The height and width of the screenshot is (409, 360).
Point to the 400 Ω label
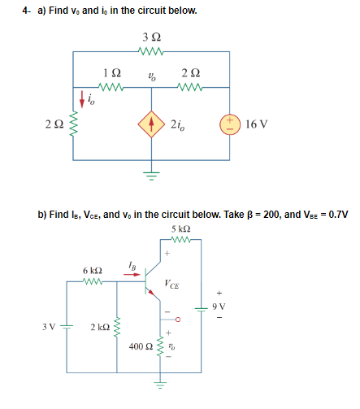point(141,347)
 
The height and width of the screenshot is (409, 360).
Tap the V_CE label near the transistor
point(172,284)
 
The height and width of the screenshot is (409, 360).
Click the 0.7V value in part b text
point(334,214)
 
